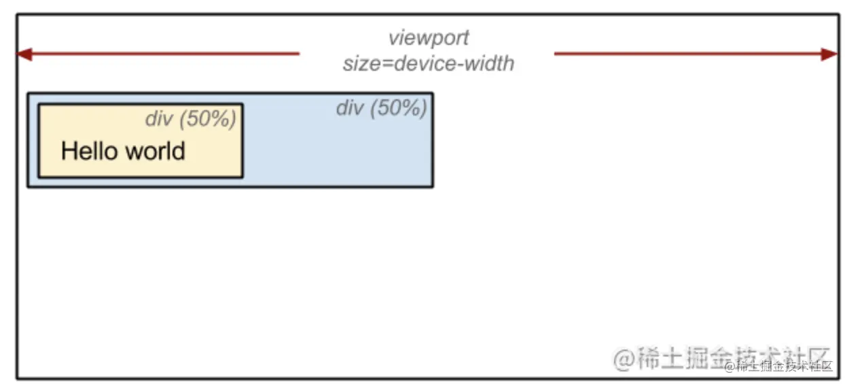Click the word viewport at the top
428,37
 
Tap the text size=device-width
428,64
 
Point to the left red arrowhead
24,54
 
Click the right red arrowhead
829,54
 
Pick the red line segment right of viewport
686,54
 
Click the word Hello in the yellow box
89,150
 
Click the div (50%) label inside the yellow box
190,119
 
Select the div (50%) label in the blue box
381,107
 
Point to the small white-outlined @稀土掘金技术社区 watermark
778,367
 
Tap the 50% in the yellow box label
208,119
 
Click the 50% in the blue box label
399,107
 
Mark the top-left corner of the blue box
28,93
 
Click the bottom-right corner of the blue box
433,186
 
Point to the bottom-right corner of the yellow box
242,177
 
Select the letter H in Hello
68,150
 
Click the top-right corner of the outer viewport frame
839,14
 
